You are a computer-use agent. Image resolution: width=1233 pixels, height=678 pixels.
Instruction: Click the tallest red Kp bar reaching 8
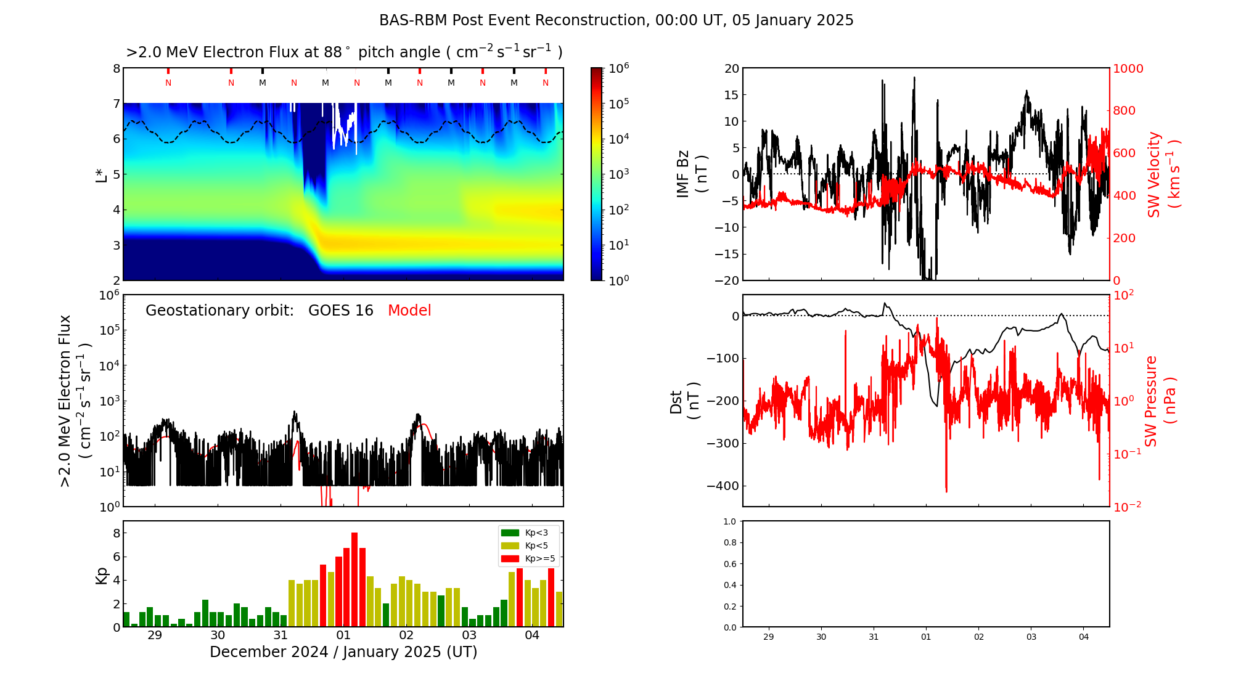pos(354,579)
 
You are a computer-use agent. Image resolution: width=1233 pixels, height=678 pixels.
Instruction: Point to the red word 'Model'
pos(409,311)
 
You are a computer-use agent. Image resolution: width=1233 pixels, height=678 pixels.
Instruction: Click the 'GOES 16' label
pos(341,311)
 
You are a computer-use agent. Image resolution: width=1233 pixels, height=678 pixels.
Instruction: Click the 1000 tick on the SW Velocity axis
pos(1128,69)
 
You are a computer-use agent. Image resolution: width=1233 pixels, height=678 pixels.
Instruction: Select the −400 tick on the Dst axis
pos(723,486)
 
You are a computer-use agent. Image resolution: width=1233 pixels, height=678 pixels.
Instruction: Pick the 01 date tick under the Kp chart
pos(343,635)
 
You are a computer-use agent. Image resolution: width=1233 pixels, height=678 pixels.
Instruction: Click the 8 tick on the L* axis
pos(116,68)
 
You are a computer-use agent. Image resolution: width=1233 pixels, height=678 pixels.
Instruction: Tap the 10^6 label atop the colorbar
pos(618,68)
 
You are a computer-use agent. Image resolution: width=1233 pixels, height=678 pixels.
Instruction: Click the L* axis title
pos(101,175)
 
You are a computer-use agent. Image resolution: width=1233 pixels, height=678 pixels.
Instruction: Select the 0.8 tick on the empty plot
pos(730,543)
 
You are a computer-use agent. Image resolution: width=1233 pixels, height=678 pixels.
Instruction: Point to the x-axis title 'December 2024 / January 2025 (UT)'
pos(343,652)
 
